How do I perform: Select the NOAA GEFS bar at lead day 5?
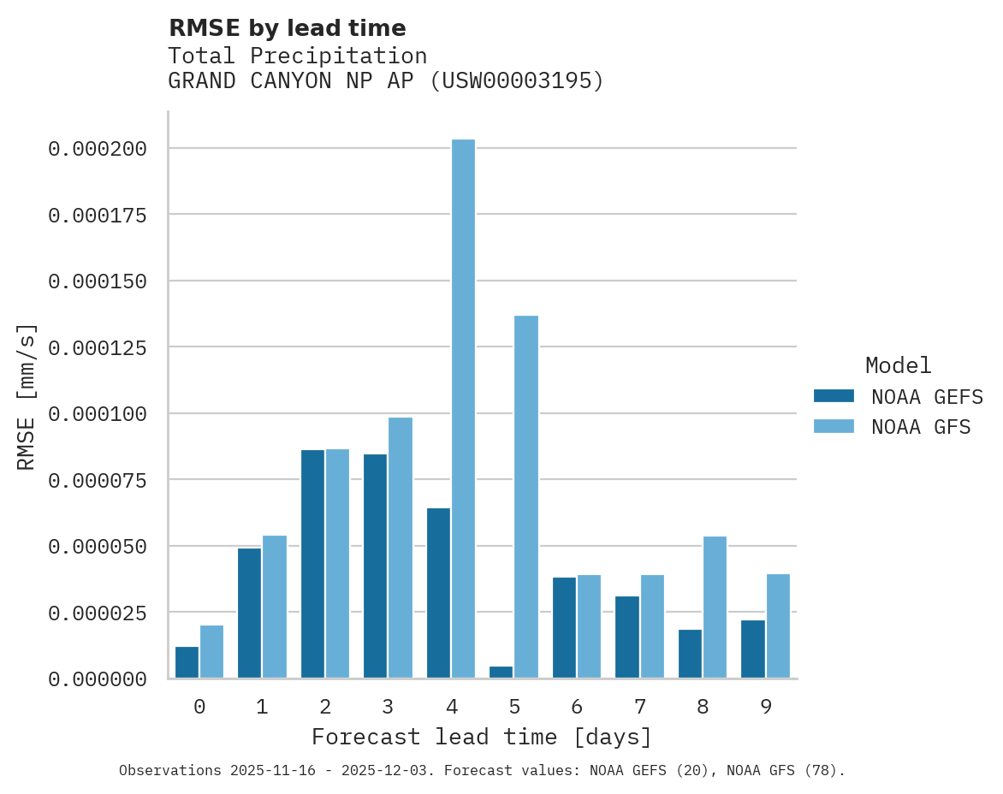tap(501, 673)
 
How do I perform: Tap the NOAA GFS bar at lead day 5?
tap(526, 497)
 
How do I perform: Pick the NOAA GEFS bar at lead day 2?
tap(312, 564)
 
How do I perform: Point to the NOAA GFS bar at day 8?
tap(715, 607)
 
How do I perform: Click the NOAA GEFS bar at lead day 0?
tap(187, 662)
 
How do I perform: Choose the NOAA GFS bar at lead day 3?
tap(401, 548)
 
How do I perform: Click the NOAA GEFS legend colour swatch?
tap(834, 395)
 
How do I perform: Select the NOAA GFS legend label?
tap(921, 426)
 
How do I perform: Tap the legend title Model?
tap(898, 365)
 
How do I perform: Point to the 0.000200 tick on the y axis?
tap(98, 149)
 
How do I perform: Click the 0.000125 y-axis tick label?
tap(98, 347)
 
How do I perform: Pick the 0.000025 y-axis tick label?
tap(98, 613)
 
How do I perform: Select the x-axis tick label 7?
tap(639, 707)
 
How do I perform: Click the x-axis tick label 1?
tap(262, 707)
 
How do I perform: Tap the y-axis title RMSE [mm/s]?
tap(27, 397)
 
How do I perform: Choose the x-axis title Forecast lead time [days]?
tap(482, 737)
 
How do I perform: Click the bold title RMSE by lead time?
tap(287, 28)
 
